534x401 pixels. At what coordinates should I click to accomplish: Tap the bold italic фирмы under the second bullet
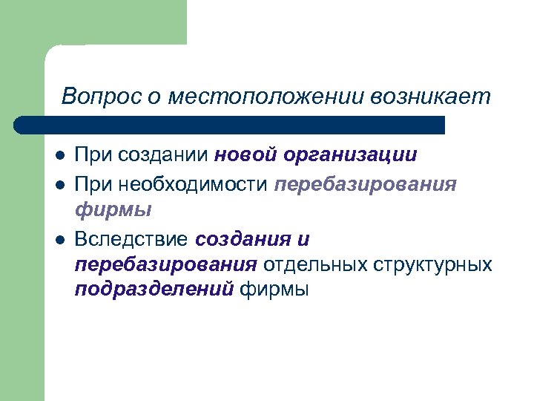113,210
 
